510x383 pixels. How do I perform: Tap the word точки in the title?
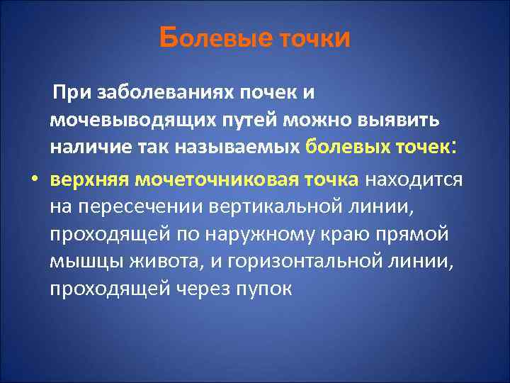point(312,39)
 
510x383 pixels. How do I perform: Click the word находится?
point(414,179)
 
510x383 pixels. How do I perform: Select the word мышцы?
point(80,262)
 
